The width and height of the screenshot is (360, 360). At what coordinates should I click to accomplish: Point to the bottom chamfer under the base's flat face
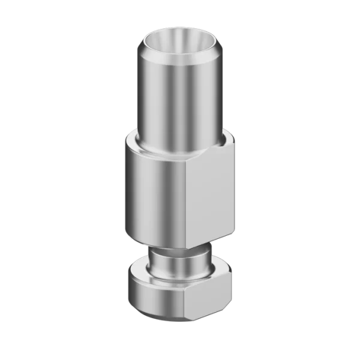coord(207,314)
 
